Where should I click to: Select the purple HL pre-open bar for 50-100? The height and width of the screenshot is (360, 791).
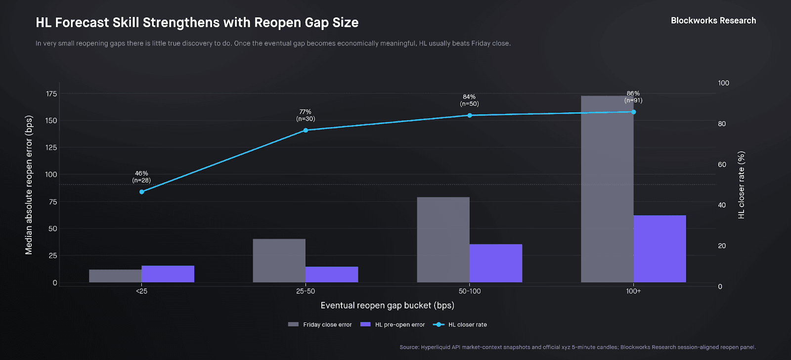pyautogui.click(x=496, y=263)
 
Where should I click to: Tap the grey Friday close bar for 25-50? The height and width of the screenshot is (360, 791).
pyautogui.click(x=279, y=261)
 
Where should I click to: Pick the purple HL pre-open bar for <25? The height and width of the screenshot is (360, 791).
pyautogui.click(x=168, y=274)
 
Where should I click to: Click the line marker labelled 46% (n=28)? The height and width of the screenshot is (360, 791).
pyautogui.click(x=142, y=192)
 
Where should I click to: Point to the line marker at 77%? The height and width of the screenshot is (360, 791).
pyautogui.click(x=306, y=131)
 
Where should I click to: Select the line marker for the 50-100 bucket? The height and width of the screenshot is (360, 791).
pyautogui.click(x=470, y=116)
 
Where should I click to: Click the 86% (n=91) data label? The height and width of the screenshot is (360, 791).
pyautogui.click(x=633, y=97)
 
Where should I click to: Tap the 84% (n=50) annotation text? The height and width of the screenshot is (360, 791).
pyautogui.click(x=469, y=100)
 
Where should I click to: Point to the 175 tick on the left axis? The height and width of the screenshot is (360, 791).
pyautogui.click(x=51, y=94)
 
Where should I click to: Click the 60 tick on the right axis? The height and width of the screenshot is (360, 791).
pyautogui.click(x=722, y=165)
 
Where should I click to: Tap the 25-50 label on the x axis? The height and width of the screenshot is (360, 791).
pyautogui.click(x=306, y=291)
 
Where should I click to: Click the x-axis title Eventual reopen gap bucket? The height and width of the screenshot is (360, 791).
pyautogui.click(x=387, y=306)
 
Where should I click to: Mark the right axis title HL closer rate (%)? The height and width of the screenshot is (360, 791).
pyautogui.click(x=741, y=185)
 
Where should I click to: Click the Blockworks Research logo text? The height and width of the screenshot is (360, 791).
pyautogui.click(x=713, y=21)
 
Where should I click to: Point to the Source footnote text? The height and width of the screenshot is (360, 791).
pyautogui.click(x=577, y=347)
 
